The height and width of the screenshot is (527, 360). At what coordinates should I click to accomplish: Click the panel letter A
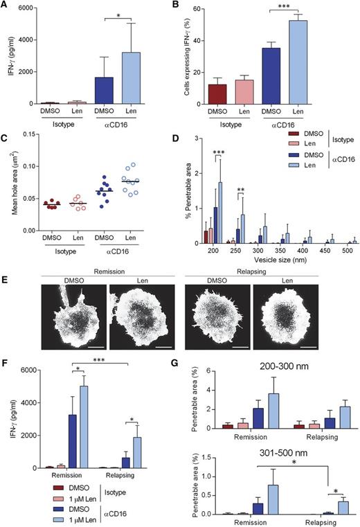pos(6,6)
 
